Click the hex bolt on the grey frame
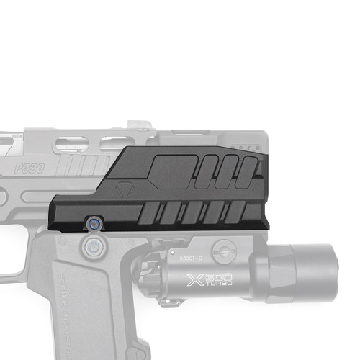(91, 249)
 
